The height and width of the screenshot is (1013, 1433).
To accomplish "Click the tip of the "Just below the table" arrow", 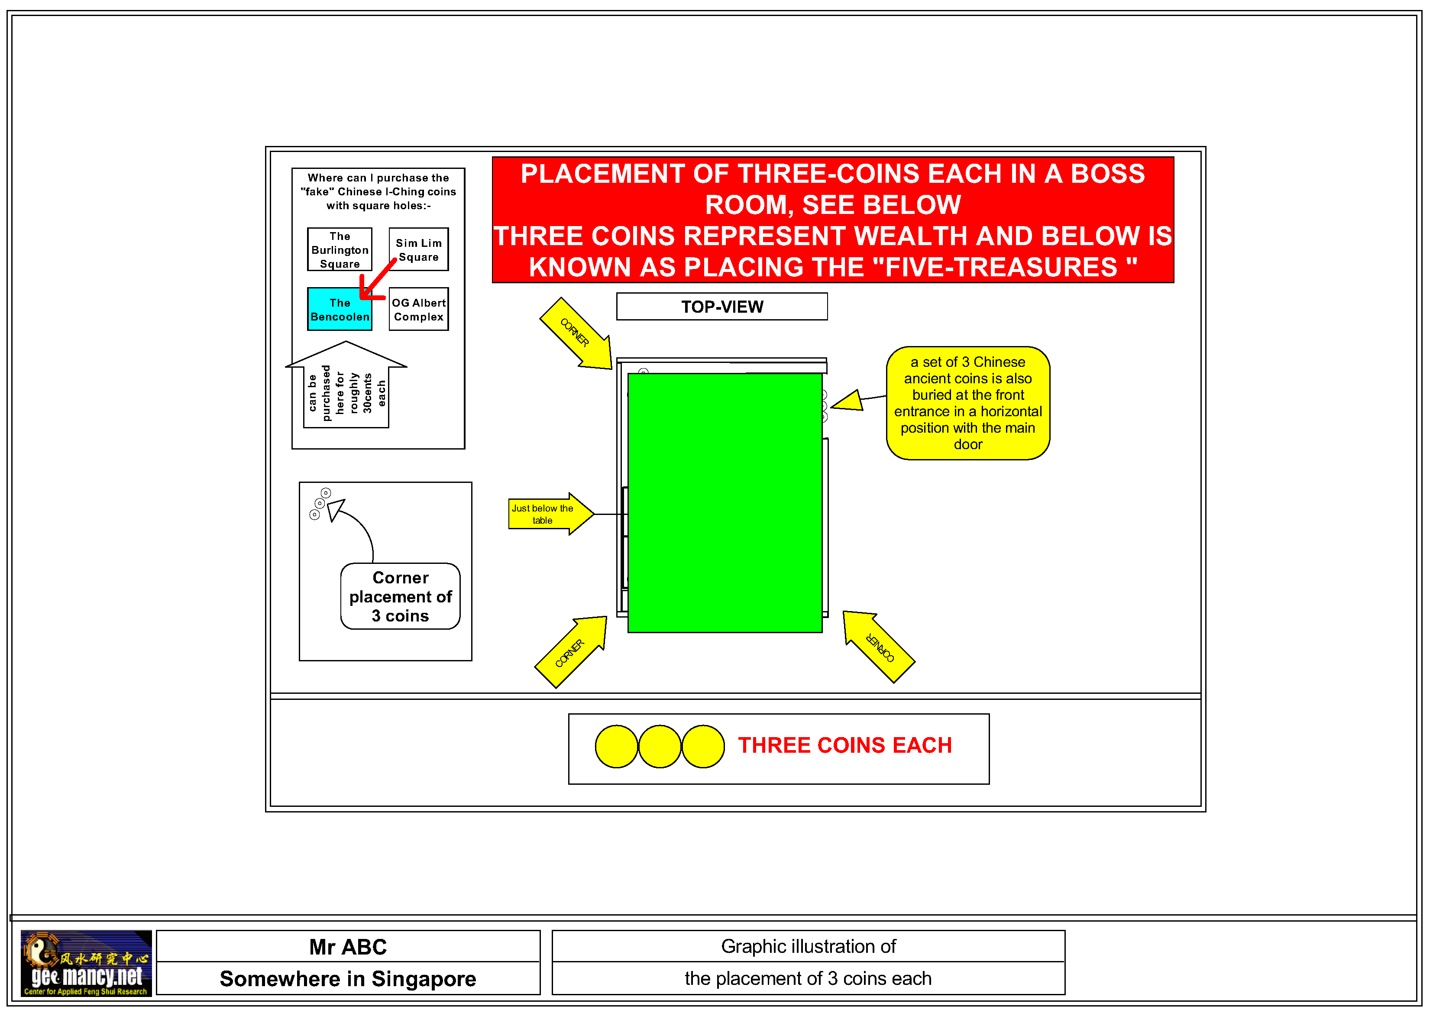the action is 594,514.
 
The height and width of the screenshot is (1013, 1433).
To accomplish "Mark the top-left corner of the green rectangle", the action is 628,373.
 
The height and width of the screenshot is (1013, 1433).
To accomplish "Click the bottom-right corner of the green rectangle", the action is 822,632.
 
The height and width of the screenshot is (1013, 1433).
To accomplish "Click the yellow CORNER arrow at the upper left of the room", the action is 576,333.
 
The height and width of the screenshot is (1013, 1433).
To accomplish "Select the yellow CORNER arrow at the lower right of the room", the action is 879,647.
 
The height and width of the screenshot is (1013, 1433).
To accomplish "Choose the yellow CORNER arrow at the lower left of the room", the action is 570,652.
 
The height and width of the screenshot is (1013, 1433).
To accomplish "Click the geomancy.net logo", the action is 86,963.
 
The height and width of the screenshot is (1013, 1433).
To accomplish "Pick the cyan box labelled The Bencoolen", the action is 340,309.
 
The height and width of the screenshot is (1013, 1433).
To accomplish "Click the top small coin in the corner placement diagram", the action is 326,493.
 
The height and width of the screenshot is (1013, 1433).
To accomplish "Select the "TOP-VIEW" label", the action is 722,307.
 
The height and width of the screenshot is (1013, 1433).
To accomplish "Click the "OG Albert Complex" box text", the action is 419,310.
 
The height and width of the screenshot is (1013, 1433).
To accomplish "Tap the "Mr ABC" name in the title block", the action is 348,947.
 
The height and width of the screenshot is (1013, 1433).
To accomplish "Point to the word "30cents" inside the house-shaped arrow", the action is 368,393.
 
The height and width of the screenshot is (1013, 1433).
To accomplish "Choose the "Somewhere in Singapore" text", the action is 348,979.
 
